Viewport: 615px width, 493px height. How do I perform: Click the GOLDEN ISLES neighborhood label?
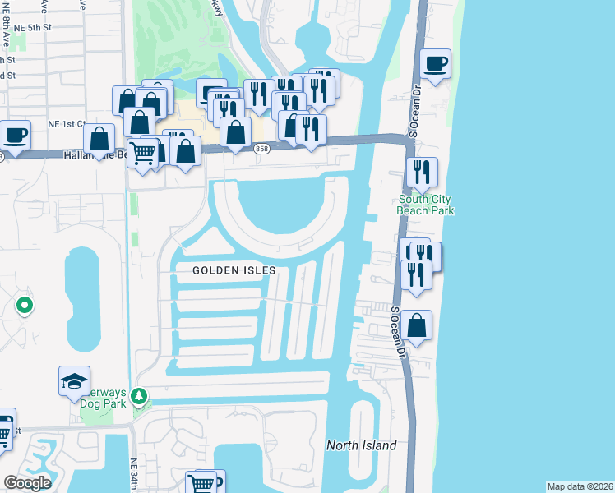tap(234, 270)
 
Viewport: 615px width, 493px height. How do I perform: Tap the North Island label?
tap(361, 445)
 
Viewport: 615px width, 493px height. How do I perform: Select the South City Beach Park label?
tap(426, 205)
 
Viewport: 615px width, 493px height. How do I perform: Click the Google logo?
tap(27, 483)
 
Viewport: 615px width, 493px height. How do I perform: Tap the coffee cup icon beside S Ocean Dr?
tap(435, 62)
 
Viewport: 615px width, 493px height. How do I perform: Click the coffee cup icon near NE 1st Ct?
tap(14, 134)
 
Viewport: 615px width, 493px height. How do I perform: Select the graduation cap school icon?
tap(74, 380)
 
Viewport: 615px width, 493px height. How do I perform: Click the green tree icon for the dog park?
tap(139, 398)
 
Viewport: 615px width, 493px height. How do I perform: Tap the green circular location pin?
tap(24, 307)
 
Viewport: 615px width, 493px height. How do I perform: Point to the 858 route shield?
tap(261, 148)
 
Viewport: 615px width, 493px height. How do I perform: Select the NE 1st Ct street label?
tap(67, 124)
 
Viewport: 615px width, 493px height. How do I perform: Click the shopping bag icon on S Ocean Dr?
tap(417, 325)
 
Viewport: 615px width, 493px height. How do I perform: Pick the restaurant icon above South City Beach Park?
tap(421, 172)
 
